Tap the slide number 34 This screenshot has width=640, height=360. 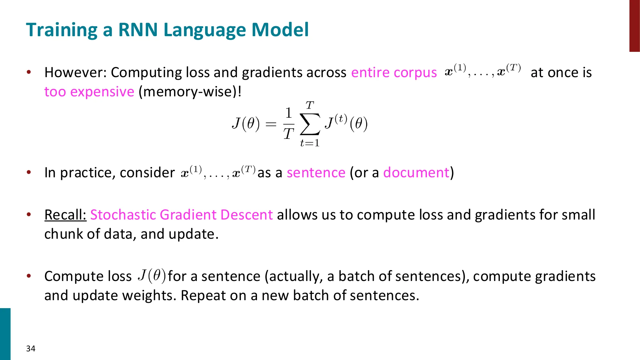[31, 348]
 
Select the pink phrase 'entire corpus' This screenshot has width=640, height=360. [394, 73]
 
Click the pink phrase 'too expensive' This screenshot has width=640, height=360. [89, 92]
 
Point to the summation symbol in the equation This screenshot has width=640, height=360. [310, 124]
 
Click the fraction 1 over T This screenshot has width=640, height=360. [289, 124]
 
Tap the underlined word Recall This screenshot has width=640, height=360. [65, 215]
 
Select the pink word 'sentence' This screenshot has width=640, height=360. [316, 173]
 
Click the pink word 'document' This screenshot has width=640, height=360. [416, 173]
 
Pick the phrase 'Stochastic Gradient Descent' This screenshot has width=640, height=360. [181, 215]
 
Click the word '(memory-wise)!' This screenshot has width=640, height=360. [190, 92]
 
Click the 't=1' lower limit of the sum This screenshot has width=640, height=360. [310, 143]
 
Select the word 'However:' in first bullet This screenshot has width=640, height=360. [76, 73]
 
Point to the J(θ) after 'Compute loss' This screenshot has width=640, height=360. [152, 276]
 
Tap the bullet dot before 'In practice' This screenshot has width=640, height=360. [29, 172]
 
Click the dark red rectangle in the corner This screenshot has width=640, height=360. [634, 26]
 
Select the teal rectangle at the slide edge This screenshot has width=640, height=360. [5, 334]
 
